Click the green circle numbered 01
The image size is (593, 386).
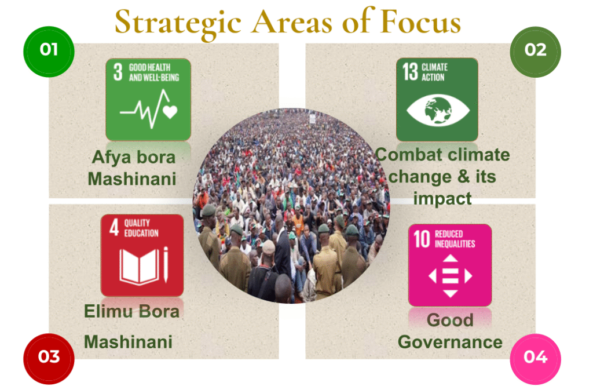(x=49, y=52)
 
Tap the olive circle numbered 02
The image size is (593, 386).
(x=535, y=52)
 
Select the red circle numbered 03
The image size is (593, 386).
(x=49, y=358)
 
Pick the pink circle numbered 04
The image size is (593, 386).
(x=535, y=359)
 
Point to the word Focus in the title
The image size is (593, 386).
(x=420, y=21)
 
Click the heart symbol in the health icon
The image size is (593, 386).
(x=170, y=112)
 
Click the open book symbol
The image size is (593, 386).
(x=139, y=266)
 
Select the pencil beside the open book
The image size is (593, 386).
(x=165, y=264)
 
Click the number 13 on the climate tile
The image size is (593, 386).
(x=410, y=71)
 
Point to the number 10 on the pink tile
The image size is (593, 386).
(x=422, y=239)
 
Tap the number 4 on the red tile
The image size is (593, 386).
(x=114, y=227)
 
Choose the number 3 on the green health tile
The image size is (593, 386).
(x=118, y=71)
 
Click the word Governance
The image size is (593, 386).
(x=450, y=342)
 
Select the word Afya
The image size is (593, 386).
(x=112, y=158)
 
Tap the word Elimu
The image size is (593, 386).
(x=108, y=311)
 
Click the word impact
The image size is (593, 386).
(x=442, y=199)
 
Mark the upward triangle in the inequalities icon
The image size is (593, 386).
(x=450, y=258)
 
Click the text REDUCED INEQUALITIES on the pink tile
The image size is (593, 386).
(x=455, y=239)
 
